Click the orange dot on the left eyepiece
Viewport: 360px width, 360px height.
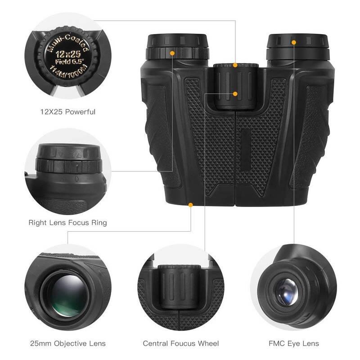point(172,53)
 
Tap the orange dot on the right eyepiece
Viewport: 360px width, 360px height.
point(294,42)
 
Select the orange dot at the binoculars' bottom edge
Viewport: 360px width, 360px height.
point(190,205)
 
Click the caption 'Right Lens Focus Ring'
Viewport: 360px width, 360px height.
point(67,222)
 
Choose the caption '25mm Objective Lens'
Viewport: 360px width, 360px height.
point(67,343)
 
